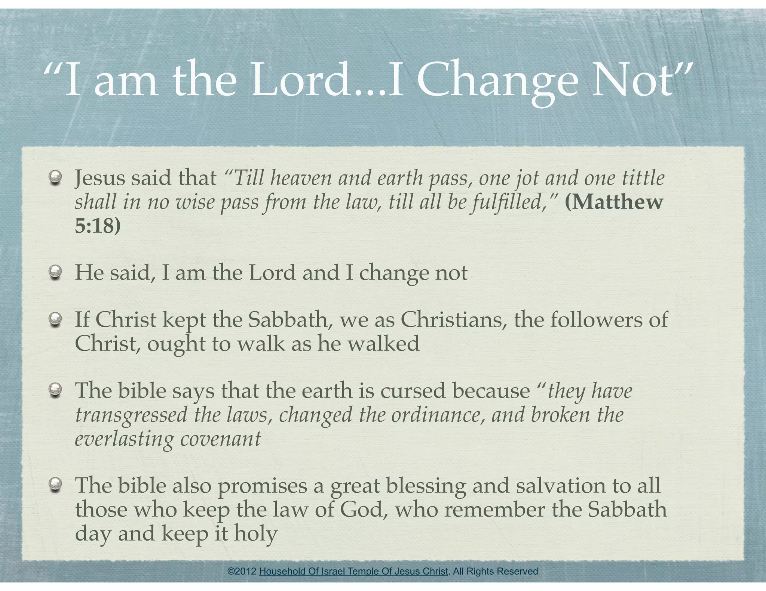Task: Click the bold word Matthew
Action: [614, 202]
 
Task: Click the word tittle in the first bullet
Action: [643, 178]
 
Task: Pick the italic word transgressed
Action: [131, 415]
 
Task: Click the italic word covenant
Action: [221, 439]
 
